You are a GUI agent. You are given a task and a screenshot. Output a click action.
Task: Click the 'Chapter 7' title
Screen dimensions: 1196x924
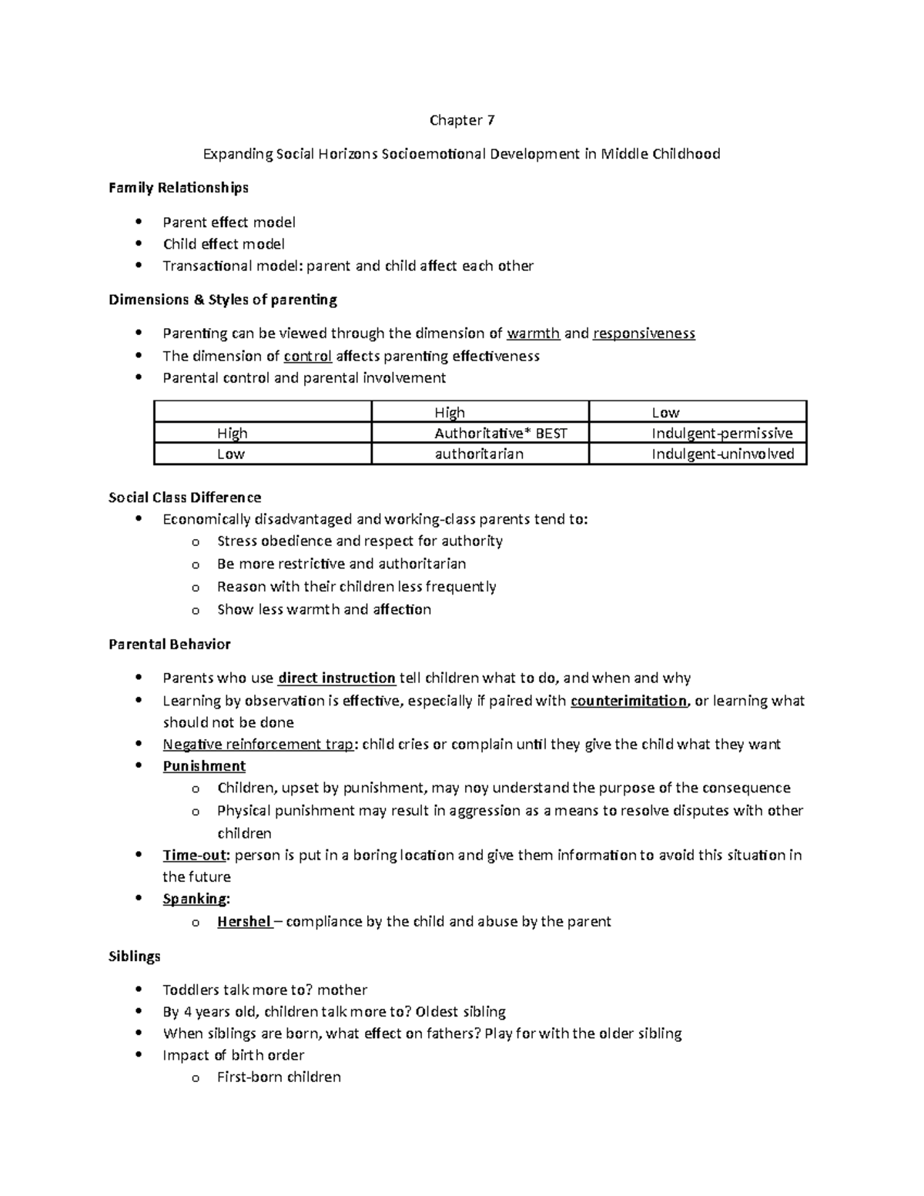click(x=461, y=120)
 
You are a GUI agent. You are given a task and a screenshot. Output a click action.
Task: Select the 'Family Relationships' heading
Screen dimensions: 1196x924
click(x=178, y=188)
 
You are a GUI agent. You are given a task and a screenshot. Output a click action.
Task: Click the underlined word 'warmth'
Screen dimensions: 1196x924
click(x=534, y=333)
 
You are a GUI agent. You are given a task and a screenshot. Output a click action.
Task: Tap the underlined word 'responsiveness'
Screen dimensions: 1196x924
click(x=644, y=333)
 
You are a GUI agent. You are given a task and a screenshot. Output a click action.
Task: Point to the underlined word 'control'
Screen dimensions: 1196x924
click(x=308, y=356)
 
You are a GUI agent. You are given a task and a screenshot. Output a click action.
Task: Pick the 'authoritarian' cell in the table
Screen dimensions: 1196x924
click(x=480, y=454)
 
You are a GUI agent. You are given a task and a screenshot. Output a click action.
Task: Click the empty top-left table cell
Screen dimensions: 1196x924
click(x=263, y=412)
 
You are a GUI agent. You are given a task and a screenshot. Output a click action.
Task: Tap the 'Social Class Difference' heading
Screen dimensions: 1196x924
click(x=185, y=497)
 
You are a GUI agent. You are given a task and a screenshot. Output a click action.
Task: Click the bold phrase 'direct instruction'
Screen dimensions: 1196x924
click(x=336, y=678)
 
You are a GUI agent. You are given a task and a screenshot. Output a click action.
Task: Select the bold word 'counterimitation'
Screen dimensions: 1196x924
click(x=628, y=701)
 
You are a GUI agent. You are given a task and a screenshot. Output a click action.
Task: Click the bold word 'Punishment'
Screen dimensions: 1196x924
click(x=204, y=766)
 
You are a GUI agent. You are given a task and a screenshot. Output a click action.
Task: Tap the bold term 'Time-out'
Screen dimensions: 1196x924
click(x=195, y=856)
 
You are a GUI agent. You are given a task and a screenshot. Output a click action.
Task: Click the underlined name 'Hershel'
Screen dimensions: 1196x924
click(x=244, y=922)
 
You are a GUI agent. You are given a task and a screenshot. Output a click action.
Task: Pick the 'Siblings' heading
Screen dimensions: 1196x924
click(x=135, y=956)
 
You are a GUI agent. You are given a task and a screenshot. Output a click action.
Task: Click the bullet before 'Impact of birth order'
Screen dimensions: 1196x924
click(x=139, y=1055)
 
